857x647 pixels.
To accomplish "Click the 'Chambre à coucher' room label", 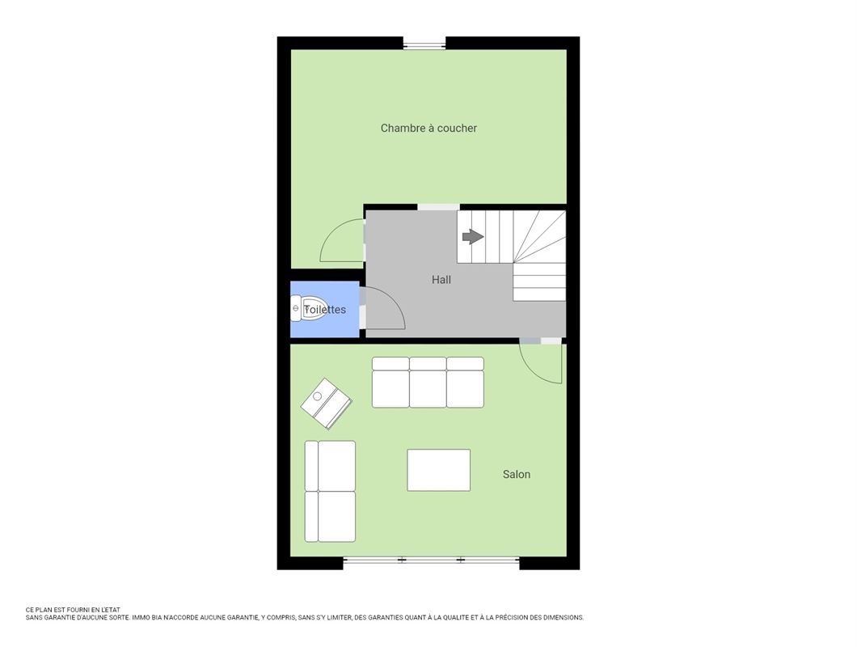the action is pos(428,128).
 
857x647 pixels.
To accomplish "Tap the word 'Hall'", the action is pos(441,280).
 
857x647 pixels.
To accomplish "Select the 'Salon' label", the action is pos(517,474).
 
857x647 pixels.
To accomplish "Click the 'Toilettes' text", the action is pos(325,310).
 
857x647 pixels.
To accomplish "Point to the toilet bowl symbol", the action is pos(308,309).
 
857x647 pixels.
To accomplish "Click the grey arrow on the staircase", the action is pos(473,237).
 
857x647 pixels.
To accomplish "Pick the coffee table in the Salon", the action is pos(438,470).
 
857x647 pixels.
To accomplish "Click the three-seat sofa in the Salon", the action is pos(428,383).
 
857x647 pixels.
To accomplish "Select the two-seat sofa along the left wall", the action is pos(330,491).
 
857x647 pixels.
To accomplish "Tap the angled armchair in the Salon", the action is pos(327,404).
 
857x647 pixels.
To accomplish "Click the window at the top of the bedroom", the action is pos(424,44).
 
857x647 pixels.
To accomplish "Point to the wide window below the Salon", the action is pos(431,560).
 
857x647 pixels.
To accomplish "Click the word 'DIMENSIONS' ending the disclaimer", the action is pos(565,617).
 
